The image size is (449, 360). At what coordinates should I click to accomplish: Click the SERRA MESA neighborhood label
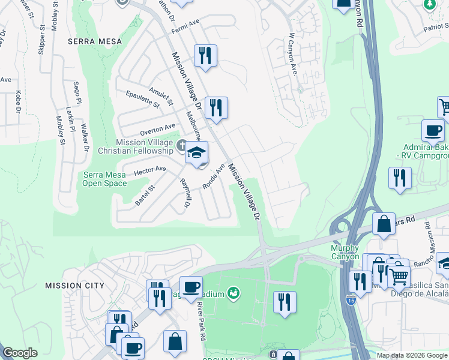pos(95,41)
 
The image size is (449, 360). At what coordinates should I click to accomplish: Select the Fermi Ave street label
pos(185,26)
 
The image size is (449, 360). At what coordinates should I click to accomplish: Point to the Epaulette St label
pos(143,99)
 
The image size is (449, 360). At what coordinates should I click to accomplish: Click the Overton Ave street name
pos(158,129)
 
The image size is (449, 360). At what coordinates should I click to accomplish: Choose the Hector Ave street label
pos(149,171)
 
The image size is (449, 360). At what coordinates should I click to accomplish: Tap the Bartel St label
pos(145,195)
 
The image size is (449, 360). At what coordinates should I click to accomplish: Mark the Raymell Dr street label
pos(184,193)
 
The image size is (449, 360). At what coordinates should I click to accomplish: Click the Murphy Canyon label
pos(345,252)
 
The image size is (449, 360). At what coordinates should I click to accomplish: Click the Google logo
pos(20,353)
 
